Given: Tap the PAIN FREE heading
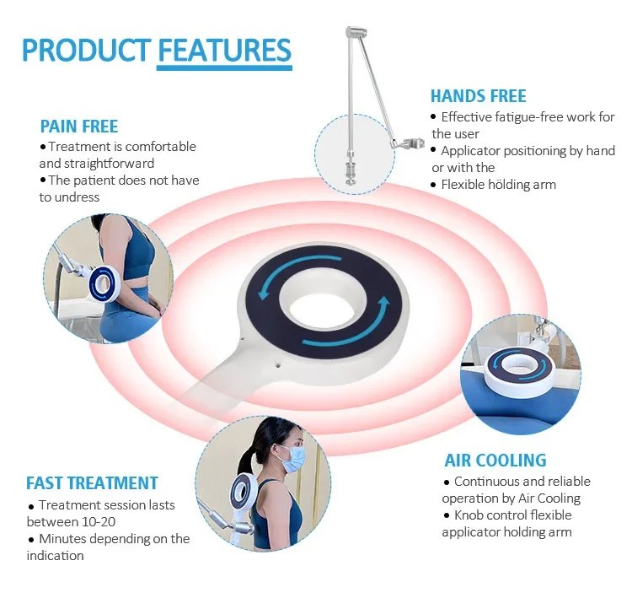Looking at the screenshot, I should pos(79,127).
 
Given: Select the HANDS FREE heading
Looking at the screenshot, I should pos(478,96).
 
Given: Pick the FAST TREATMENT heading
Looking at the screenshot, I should pos(92,483).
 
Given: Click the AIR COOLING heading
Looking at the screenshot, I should pos(495,460).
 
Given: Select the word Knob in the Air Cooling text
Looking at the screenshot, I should pos(472,515).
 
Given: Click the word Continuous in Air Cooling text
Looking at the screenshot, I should pos(489,481).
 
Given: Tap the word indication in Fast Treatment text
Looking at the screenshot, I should pos(56,555).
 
